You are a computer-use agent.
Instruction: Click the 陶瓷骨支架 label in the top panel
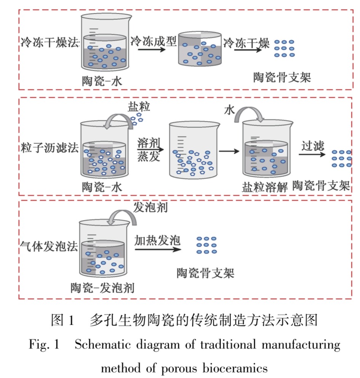[282, 78]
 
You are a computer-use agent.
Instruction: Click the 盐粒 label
[139, 107]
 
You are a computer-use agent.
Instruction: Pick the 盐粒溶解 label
[264, 187]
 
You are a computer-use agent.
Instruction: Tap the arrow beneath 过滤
[312, 154]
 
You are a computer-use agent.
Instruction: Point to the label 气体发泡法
[49, 246]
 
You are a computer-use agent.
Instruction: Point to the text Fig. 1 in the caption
[44, 345]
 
